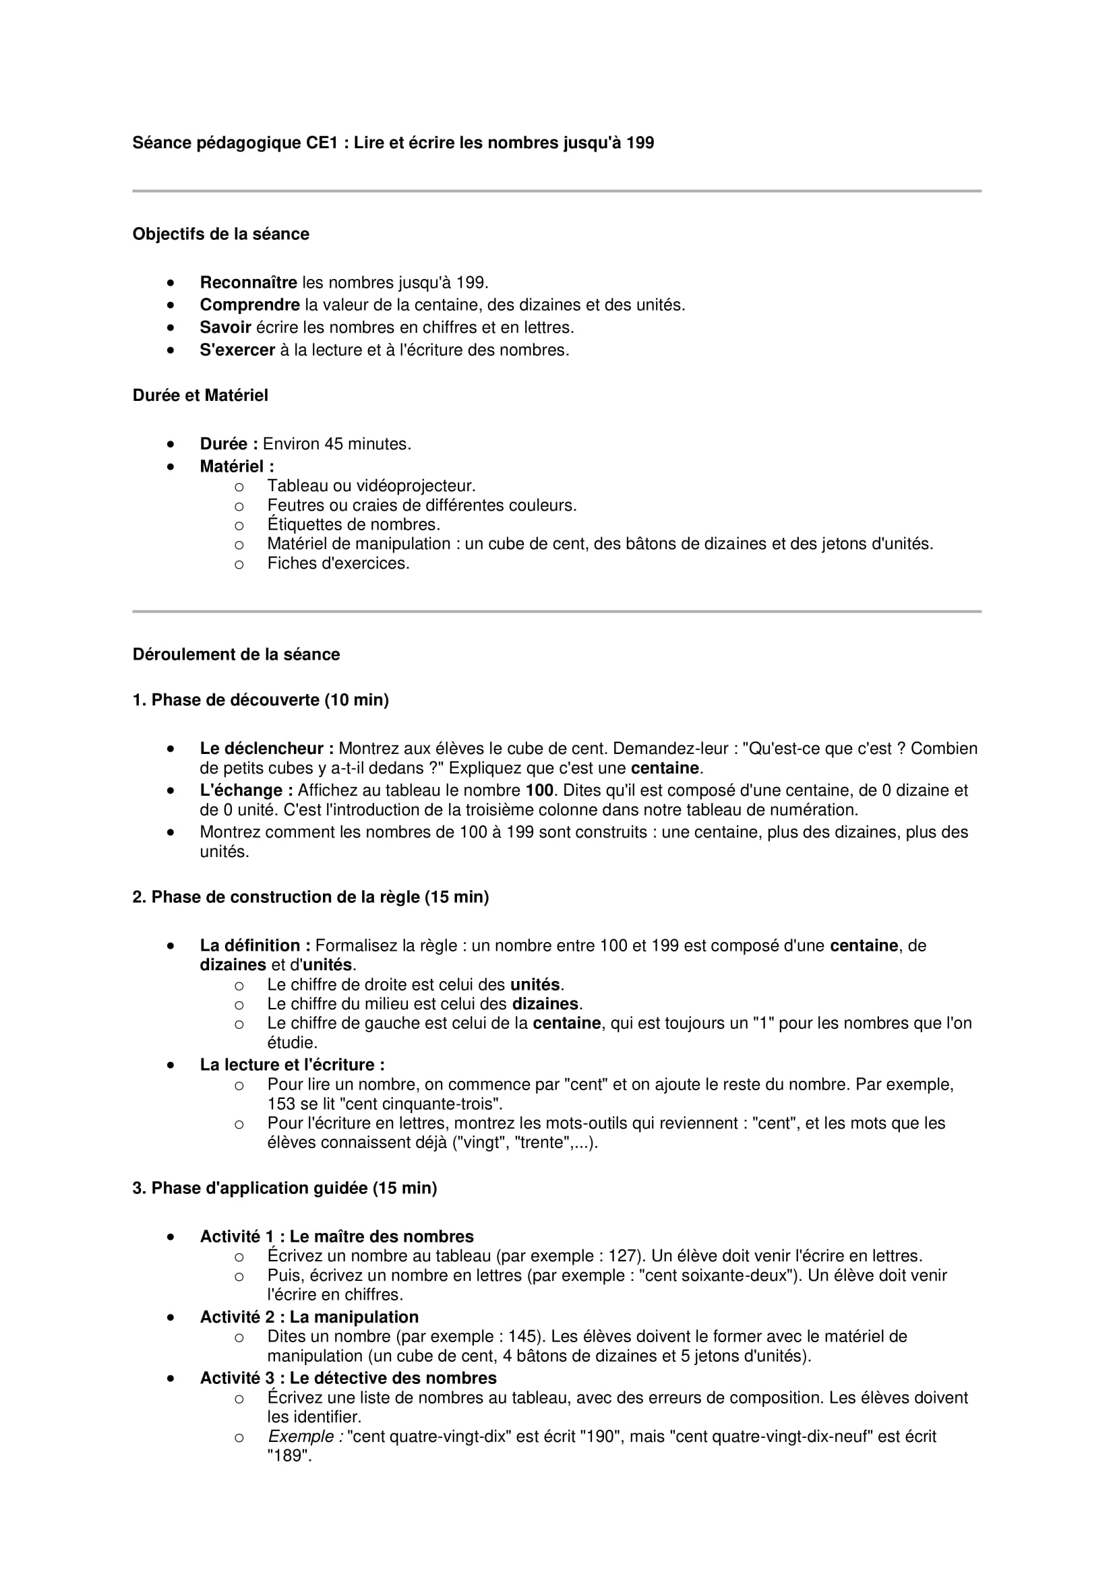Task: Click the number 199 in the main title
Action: (639, 143)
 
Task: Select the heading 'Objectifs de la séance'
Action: (220, 234)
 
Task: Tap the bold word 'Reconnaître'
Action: (248, 282)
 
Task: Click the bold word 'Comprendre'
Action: (249, 305)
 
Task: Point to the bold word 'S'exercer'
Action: (237, 350)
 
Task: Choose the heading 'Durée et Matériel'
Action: (200, 396)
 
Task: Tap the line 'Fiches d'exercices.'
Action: (338, 563)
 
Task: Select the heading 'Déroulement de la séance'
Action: (235, 654)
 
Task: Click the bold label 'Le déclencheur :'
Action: (266, 748)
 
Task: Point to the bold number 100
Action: (540, 790)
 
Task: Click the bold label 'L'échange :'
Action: (246, 790)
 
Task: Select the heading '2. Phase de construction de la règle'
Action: (310, 897)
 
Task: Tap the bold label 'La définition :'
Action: (255, 945)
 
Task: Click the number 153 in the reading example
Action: (282, 1104)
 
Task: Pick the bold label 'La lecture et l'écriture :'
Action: (292, 1065)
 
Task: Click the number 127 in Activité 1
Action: (624, 1256)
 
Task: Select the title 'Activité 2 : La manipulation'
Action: (309, 1317)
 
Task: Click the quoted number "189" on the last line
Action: (289, 1456)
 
